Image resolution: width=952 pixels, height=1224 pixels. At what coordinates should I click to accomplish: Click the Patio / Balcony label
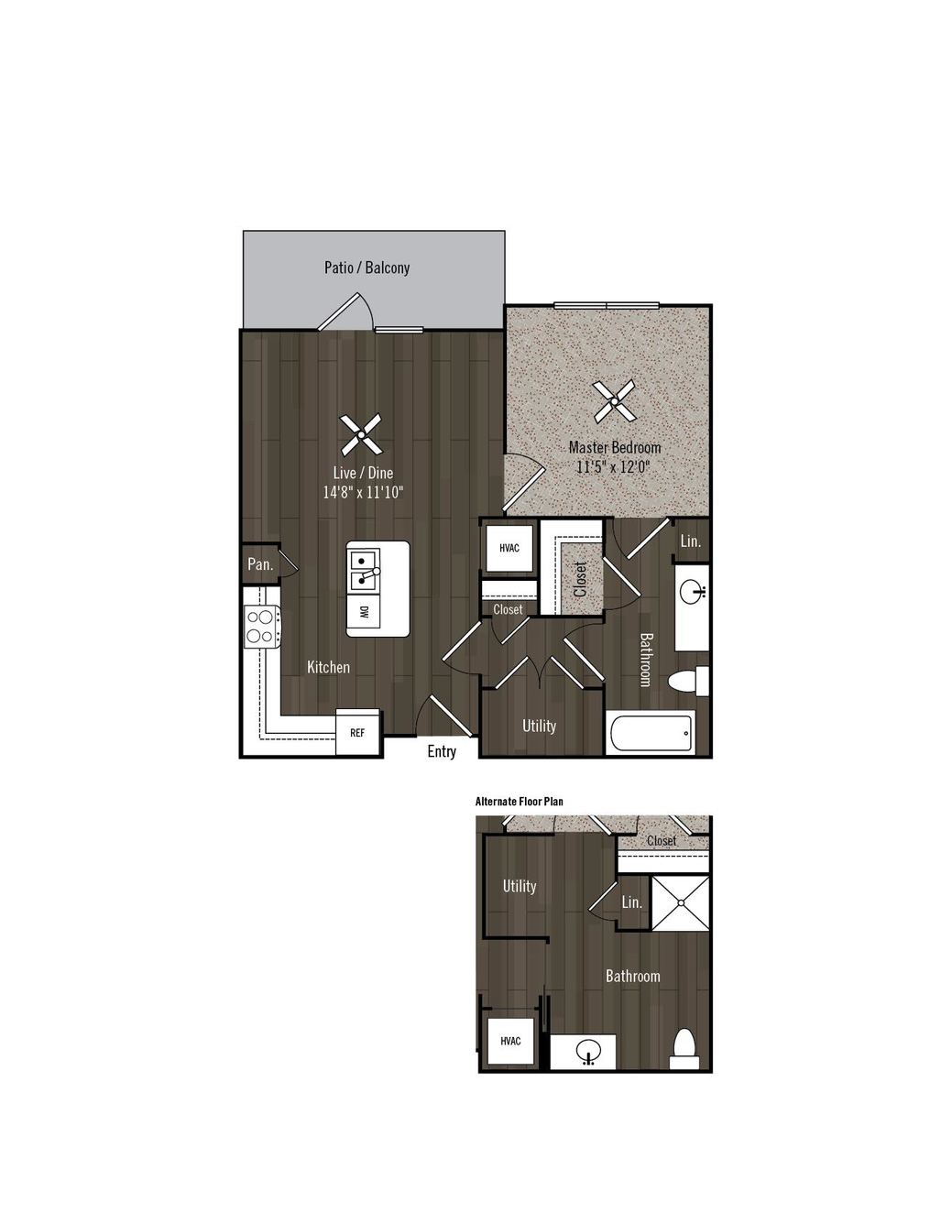[367, 267]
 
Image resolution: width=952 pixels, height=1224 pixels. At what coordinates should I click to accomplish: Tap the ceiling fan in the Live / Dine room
[361, 434]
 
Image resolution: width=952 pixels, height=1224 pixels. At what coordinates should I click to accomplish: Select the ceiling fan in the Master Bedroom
[615, 401]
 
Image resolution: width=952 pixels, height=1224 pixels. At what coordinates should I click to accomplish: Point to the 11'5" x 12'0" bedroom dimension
[614, 467]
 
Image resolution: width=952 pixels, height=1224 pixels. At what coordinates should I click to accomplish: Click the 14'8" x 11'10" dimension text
[363, 492]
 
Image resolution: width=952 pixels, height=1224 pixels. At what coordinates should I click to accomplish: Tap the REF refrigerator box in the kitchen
[357, 732]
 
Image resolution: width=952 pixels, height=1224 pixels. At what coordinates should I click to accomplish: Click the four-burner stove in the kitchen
[262, 627]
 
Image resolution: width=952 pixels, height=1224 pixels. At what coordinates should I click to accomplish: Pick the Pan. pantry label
[260, 563]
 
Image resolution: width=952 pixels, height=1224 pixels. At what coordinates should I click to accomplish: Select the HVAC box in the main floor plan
[509, 548]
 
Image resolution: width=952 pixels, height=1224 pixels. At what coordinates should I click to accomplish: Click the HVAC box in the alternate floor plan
[510, 1041]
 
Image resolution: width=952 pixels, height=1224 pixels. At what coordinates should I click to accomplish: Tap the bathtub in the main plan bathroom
[651, 733]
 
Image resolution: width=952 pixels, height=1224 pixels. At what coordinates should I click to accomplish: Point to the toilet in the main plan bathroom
[688, 682]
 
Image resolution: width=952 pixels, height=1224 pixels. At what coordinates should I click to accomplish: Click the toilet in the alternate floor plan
[684, 1049]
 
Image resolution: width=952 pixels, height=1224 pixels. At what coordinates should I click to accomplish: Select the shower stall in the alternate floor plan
[681, 902]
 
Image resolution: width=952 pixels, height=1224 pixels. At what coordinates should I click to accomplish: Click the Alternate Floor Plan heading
[519, 802]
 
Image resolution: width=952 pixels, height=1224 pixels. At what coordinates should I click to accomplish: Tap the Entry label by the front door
[442, 751]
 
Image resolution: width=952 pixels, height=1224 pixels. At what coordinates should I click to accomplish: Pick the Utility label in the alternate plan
[519, 886]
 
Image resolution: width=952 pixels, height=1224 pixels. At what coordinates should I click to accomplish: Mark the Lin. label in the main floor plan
[691, 541]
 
